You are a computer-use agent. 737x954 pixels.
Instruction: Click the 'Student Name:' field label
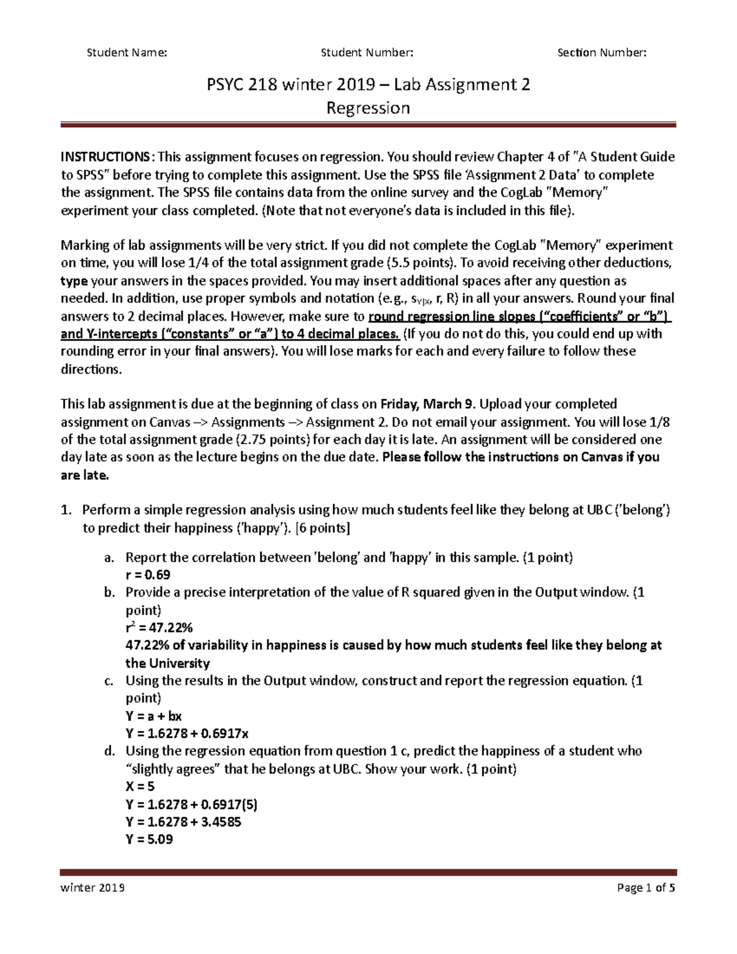click(127, 53)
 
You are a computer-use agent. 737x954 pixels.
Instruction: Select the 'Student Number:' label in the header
click(367, 53)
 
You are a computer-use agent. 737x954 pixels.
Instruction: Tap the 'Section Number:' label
click(602, 53)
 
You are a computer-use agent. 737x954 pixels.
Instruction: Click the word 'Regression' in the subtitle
click(368, 108)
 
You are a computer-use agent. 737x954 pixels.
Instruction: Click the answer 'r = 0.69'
click(147, 575)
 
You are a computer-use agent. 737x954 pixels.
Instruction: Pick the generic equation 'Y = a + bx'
click(153, 716)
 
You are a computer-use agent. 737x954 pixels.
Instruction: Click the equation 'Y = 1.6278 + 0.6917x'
click(187, 733)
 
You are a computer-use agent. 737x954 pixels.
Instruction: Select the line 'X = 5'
click(140, 786)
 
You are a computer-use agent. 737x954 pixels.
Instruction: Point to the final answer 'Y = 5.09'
click(149, 839)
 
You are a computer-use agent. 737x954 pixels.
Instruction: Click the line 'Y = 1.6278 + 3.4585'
click(183, 822)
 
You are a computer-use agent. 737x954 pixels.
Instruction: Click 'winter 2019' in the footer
click(93, 888)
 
